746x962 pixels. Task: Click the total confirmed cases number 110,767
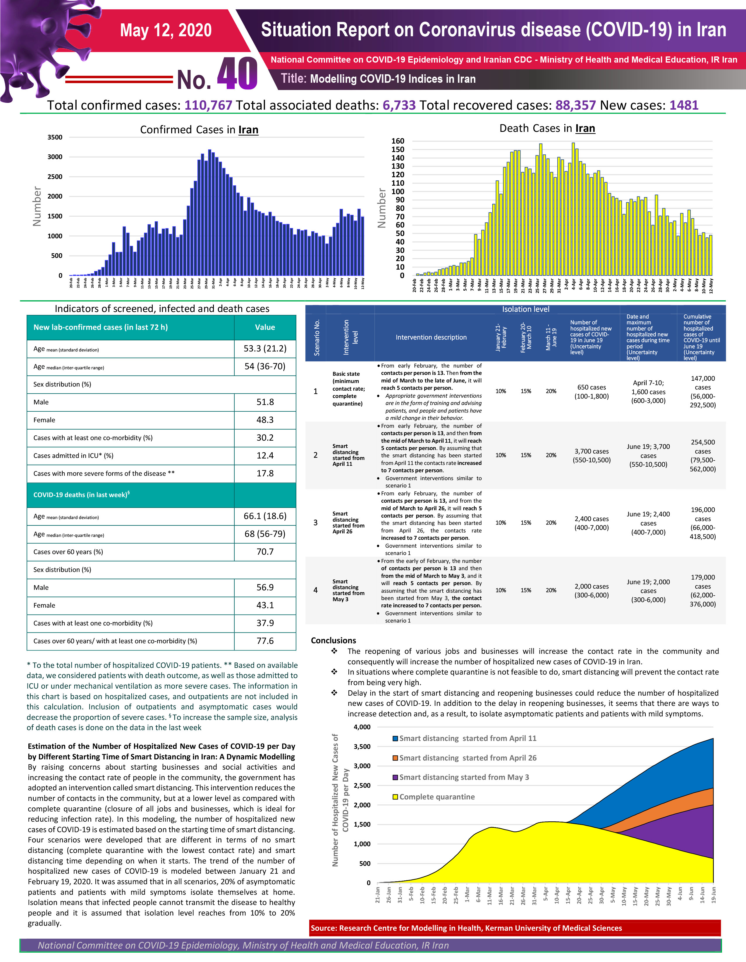[208, 105]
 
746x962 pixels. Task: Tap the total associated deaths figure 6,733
[399, 105]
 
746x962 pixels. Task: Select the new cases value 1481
[684, 105]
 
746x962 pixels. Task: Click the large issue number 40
[237, 74]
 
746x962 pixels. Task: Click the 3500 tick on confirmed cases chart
[55, 137]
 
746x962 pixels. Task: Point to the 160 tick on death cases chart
[398, 141]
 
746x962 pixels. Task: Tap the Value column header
[265, 327]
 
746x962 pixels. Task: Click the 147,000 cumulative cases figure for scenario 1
[703, 378]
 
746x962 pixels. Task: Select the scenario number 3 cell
[315, 523]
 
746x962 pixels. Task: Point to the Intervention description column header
[431, 337]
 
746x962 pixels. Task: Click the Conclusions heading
[333, 640]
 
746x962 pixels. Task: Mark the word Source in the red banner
[324, 928]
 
